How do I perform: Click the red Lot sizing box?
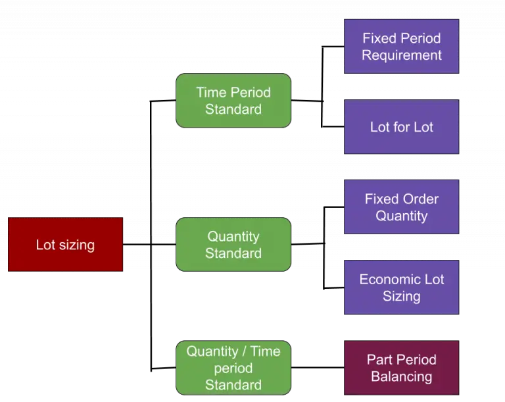65,245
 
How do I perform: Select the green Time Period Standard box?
233,101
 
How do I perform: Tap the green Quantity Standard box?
233,245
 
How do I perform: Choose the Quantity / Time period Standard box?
233,368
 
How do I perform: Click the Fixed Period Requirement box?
401,47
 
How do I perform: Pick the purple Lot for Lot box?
401,127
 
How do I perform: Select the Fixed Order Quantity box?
401,207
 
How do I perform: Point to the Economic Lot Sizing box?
401,288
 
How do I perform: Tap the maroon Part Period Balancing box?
401,368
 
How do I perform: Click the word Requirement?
401,55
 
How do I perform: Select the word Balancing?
401,377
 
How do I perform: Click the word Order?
421,199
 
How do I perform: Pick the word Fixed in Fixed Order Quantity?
382,199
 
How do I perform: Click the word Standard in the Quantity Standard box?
233,253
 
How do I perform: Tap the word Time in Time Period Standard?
210,92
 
